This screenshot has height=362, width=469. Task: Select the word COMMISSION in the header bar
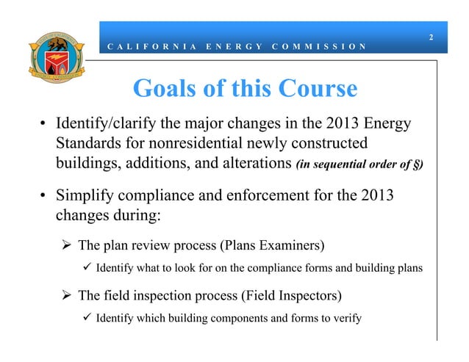tap(318, 46)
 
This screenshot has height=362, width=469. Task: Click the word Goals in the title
tap(164, 89)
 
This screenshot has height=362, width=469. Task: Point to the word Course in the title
tap(315, 89)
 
